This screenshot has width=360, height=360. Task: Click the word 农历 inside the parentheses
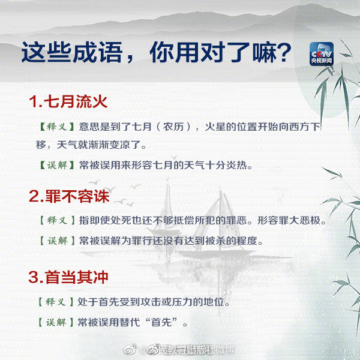click(172, 127)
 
